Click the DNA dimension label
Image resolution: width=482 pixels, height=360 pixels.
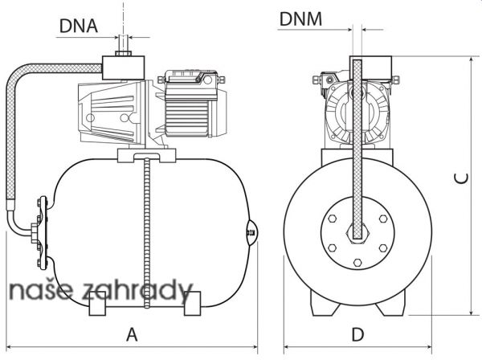79,26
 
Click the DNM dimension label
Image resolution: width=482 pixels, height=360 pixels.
300,18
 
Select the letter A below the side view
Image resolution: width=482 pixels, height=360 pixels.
132,334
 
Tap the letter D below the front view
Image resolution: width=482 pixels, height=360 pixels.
357,334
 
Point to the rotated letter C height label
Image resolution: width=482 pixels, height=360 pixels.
461,178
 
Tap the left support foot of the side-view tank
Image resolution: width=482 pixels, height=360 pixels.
97,304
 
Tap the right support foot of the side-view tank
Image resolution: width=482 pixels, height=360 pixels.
193,304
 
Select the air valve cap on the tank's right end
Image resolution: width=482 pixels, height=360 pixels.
253,233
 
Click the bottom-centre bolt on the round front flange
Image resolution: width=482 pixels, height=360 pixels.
357,263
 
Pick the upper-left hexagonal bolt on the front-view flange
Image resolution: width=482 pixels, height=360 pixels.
332,219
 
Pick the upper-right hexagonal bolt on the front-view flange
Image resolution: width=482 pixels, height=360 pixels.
383,219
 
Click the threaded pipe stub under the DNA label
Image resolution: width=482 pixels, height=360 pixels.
123,46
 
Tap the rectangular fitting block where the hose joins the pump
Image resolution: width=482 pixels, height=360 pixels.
123,68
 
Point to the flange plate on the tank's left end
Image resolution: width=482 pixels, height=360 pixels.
43,233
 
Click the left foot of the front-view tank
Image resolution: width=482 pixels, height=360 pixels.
324,304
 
